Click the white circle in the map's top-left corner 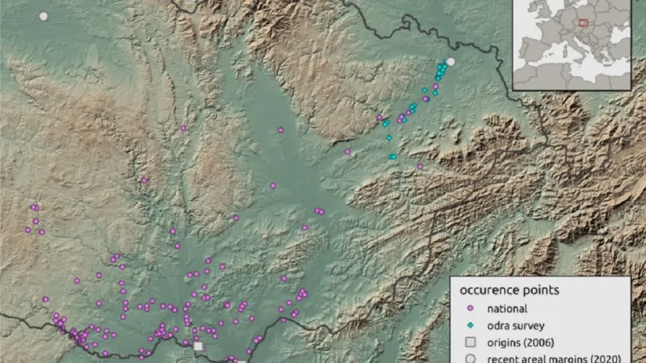[44, 16]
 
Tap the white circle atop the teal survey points [451, 61]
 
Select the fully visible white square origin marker [198, 346]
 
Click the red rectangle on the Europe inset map [583, 23]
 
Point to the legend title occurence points [510, 289]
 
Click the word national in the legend [507, 308]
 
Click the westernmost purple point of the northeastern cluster [348, 151]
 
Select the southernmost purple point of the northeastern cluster [420, 167]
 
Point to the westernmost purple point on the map [27, 230]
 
